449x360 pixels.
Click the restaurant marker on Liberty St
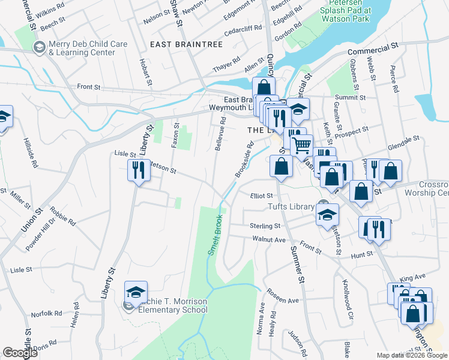click(139, 171)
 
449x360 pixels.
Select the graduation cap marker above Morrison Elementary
click(136, 292)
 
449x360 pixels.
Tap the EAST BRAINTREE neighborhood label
click(186, 44)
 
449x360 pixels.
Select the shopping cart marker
click(301, 145)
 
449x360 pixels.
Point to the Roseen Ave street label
click(284, 299)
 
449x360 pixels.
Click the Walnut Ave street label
click(269, 239)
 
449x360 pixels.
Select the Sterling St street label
click(265, 226)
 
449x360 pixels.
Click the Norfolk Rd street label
click(47, 313)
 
